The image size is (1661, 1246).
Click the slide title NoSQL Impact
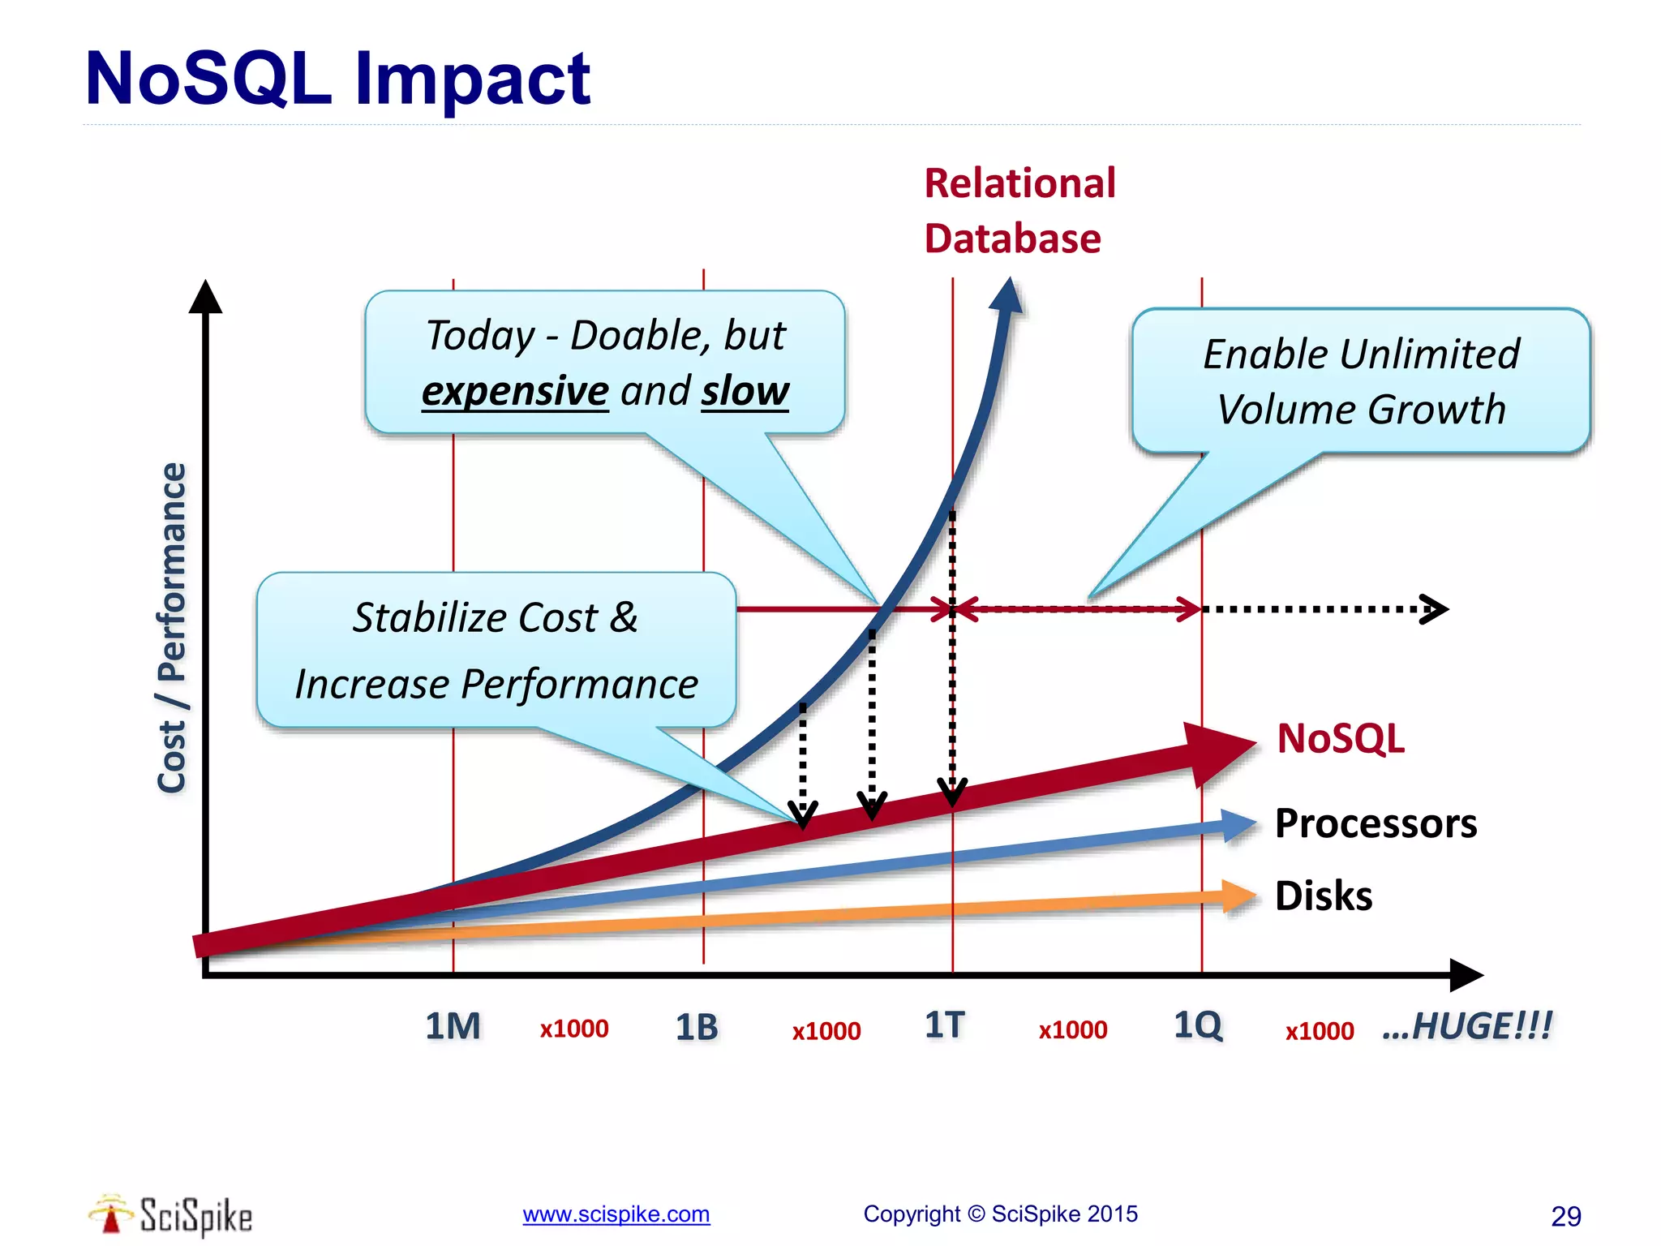click(337, 79)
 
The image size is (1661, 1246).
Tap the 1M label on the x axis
click(453, 1026)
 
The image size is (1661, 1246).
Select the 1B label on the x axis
click(697, 1028)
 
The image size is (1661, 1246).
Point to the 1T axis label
click(945, 1025)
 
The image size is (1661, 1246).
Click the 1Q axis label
click(1198, 1025)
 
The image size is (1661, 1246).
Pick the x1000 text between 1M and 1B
click(574, 1029)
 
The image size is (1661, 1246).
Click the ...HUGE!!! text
click(1467, 1026)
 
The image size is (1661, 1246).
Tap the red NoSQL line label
click(1341, 739)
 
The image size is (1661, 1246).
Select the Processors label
click(1376, 823)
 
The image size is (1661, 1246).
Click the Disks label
click(1324, 896)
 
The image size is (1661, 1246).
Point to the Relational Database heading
click(1019, 210)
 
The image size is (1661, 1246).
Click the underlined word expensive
click(515, 391)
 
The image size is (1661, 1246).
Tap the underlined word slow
click(745, 391)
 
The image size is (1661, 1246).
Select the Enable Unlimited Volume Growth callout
click(1360, 380)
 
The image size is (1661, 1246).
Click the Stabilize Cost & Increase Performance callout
click(496, 650)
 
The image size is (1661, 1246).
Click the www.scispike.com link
click(616, 1214)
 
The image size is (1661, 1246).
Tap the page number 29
click(1565, 1216)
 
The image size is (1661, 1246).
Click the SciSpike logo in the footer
click(170, 1215)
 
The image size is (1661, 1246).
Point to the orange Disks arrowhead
click(1238, 896)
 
